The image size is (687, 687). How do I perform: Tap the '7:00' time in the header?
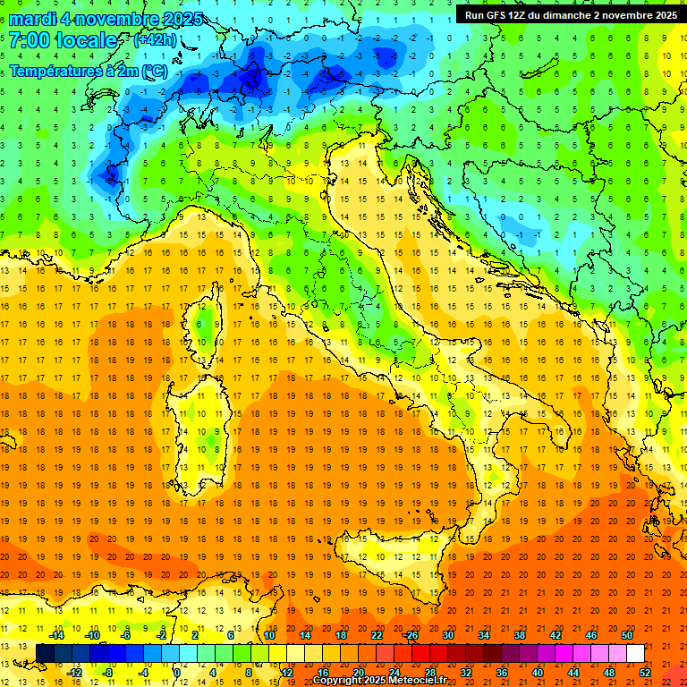click(29, 41)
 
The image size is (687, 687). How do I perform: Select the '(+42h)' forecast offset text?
click(154, 40)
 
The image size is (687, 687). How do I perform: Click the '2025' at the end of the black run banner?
click(663, 15)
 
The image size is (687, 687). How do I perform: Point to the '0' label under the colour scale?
click(177, 673)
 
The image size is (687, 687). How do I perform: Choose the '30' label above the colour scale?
click(448, 635)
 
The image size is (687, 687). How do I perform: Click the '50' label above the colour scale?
click(627, 635)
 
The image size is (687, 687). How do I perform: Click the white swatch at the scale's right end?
click(635, 653)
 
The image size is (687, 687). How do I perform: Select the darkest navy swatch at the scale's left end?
click(45, 653)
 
